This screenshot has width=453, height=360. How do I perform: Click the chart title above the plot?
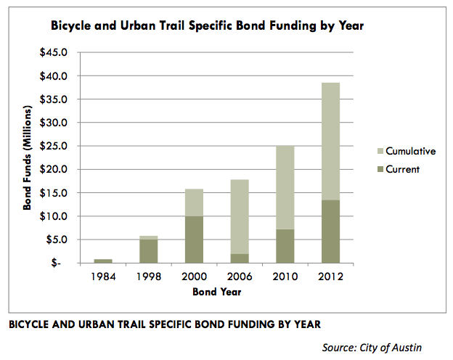point(207,26)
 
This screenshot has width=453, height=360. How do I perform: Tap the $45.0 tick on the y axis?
point(62,52)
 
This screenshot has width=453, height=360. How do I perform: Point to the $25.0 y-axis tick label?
point(62,146)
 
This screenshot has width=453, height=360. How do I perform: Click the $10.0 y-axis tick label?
point(62,216)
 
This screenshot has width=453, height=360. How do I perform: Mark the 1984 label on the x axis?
point(103,276)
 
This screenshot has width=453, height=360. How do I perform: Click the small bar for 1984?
point(103,261)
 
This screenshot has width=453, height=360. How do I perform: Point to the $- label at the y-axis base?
point(69,263)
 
